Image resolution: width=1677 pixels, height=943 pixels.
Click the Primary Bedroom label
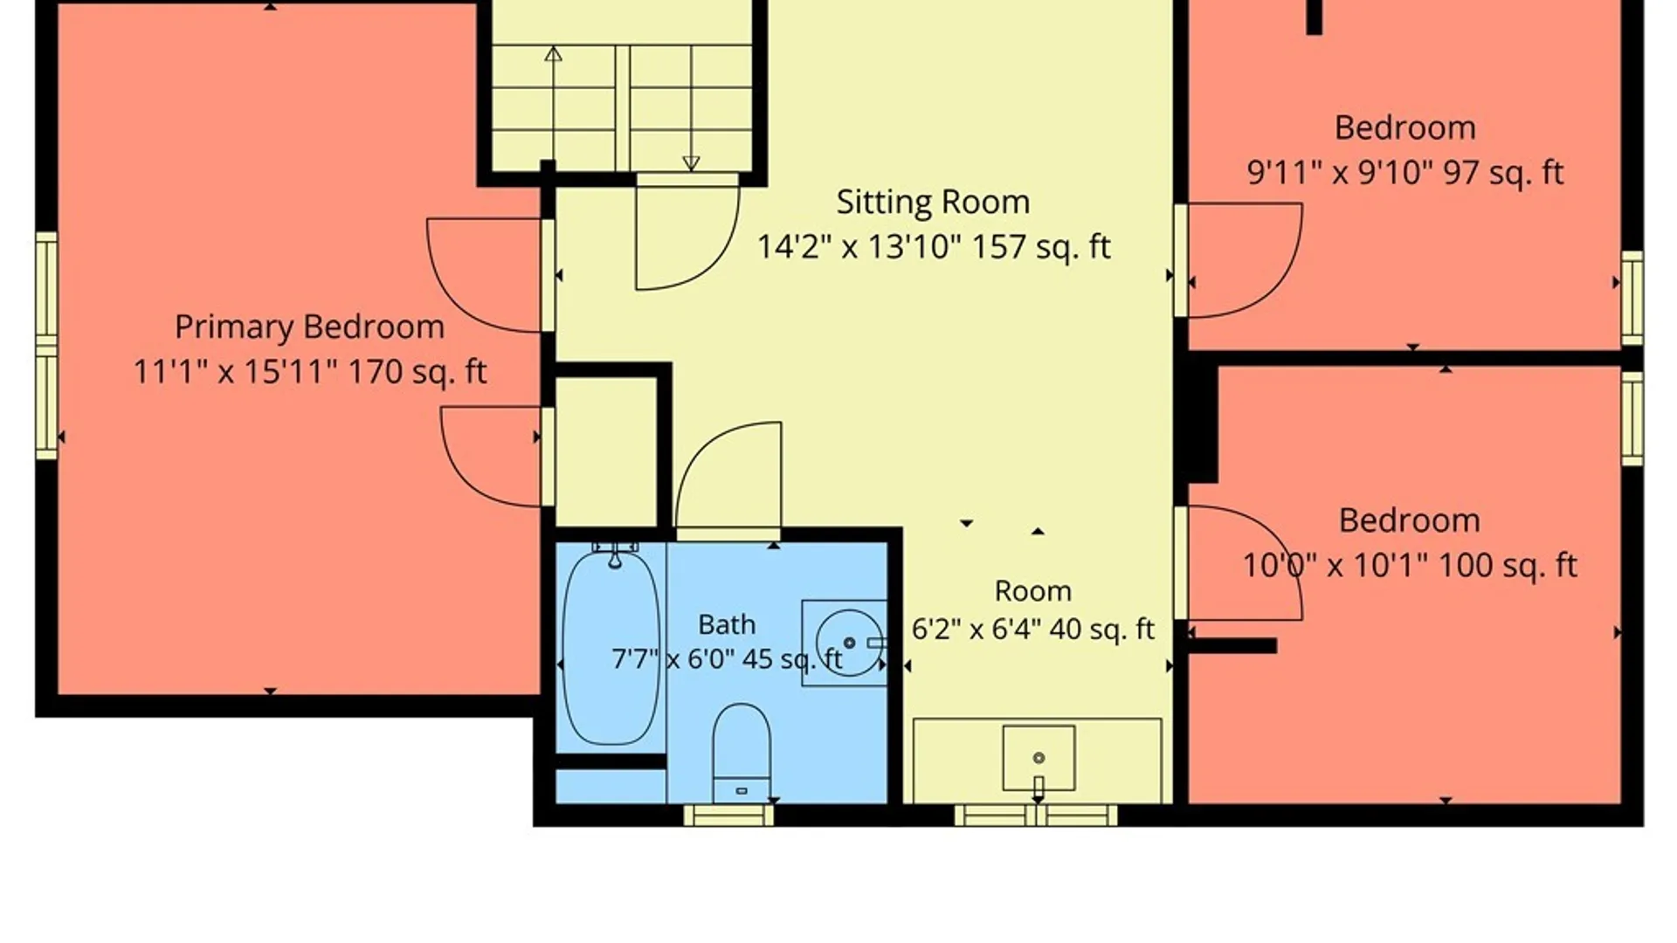[309, 327]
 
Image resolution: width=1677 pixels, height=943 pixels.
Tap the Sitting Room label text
[933, 203]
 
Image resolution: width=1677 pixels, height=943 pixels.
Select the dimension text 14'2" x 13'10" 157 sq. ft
[933, 247]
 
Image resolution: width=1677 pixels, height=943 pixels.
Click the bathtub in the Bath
[611, 647]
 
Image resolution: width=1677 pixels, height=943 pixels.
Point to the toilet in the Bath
[742, 753]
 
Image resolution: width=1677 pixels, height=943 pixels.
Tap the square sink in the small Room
[1039, 758]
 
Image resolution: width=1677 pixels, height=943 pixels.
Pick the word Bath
[727, 624]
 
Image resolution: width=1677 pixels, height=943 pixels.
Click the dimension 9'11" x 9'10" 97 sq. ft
[1404, 173]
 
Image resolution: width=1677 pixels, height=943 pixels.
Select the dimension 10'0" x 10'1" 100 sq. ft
[1410, 566]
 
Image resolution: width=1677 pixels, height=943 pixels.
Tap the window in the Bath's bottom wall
[728, 816]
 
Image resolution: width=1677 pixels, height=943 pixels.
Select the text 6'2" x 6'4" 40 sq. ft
[1033, 629]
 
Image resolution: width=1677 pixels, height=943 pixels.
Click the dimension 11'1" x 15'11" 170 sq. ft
[309, 373]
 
